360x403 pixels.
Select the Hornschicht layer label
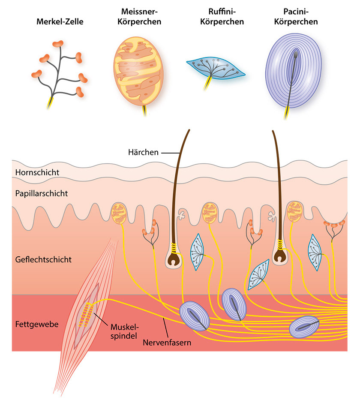(37, 172)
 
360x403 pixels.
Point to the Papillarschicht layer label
(41, 193)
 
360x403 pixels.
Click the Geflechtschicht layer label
(43, 259)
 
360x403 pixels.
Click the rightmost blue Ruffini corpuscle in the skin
(315, 252)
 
